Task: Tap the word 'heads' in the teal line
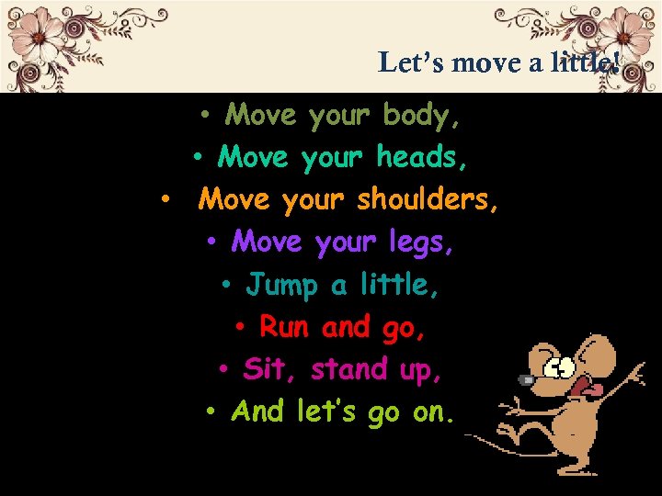pyautogui.click(x=420, y=158)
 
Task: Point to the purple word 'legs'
pyautogui.click(x=422, y=243)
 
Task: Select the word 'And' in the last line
pyautogui.click(x=258, y=411)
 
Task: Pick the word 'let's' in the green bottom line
pyautogui.click(x=327, y=411)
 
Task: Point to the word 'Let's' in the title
pyautogui.click(x=412, y=62)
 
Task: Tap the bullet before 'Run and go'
pyautogui.click(x=240, y=328)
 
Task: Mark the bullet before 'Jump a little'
pyautogui.click(x=226, y=286)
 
